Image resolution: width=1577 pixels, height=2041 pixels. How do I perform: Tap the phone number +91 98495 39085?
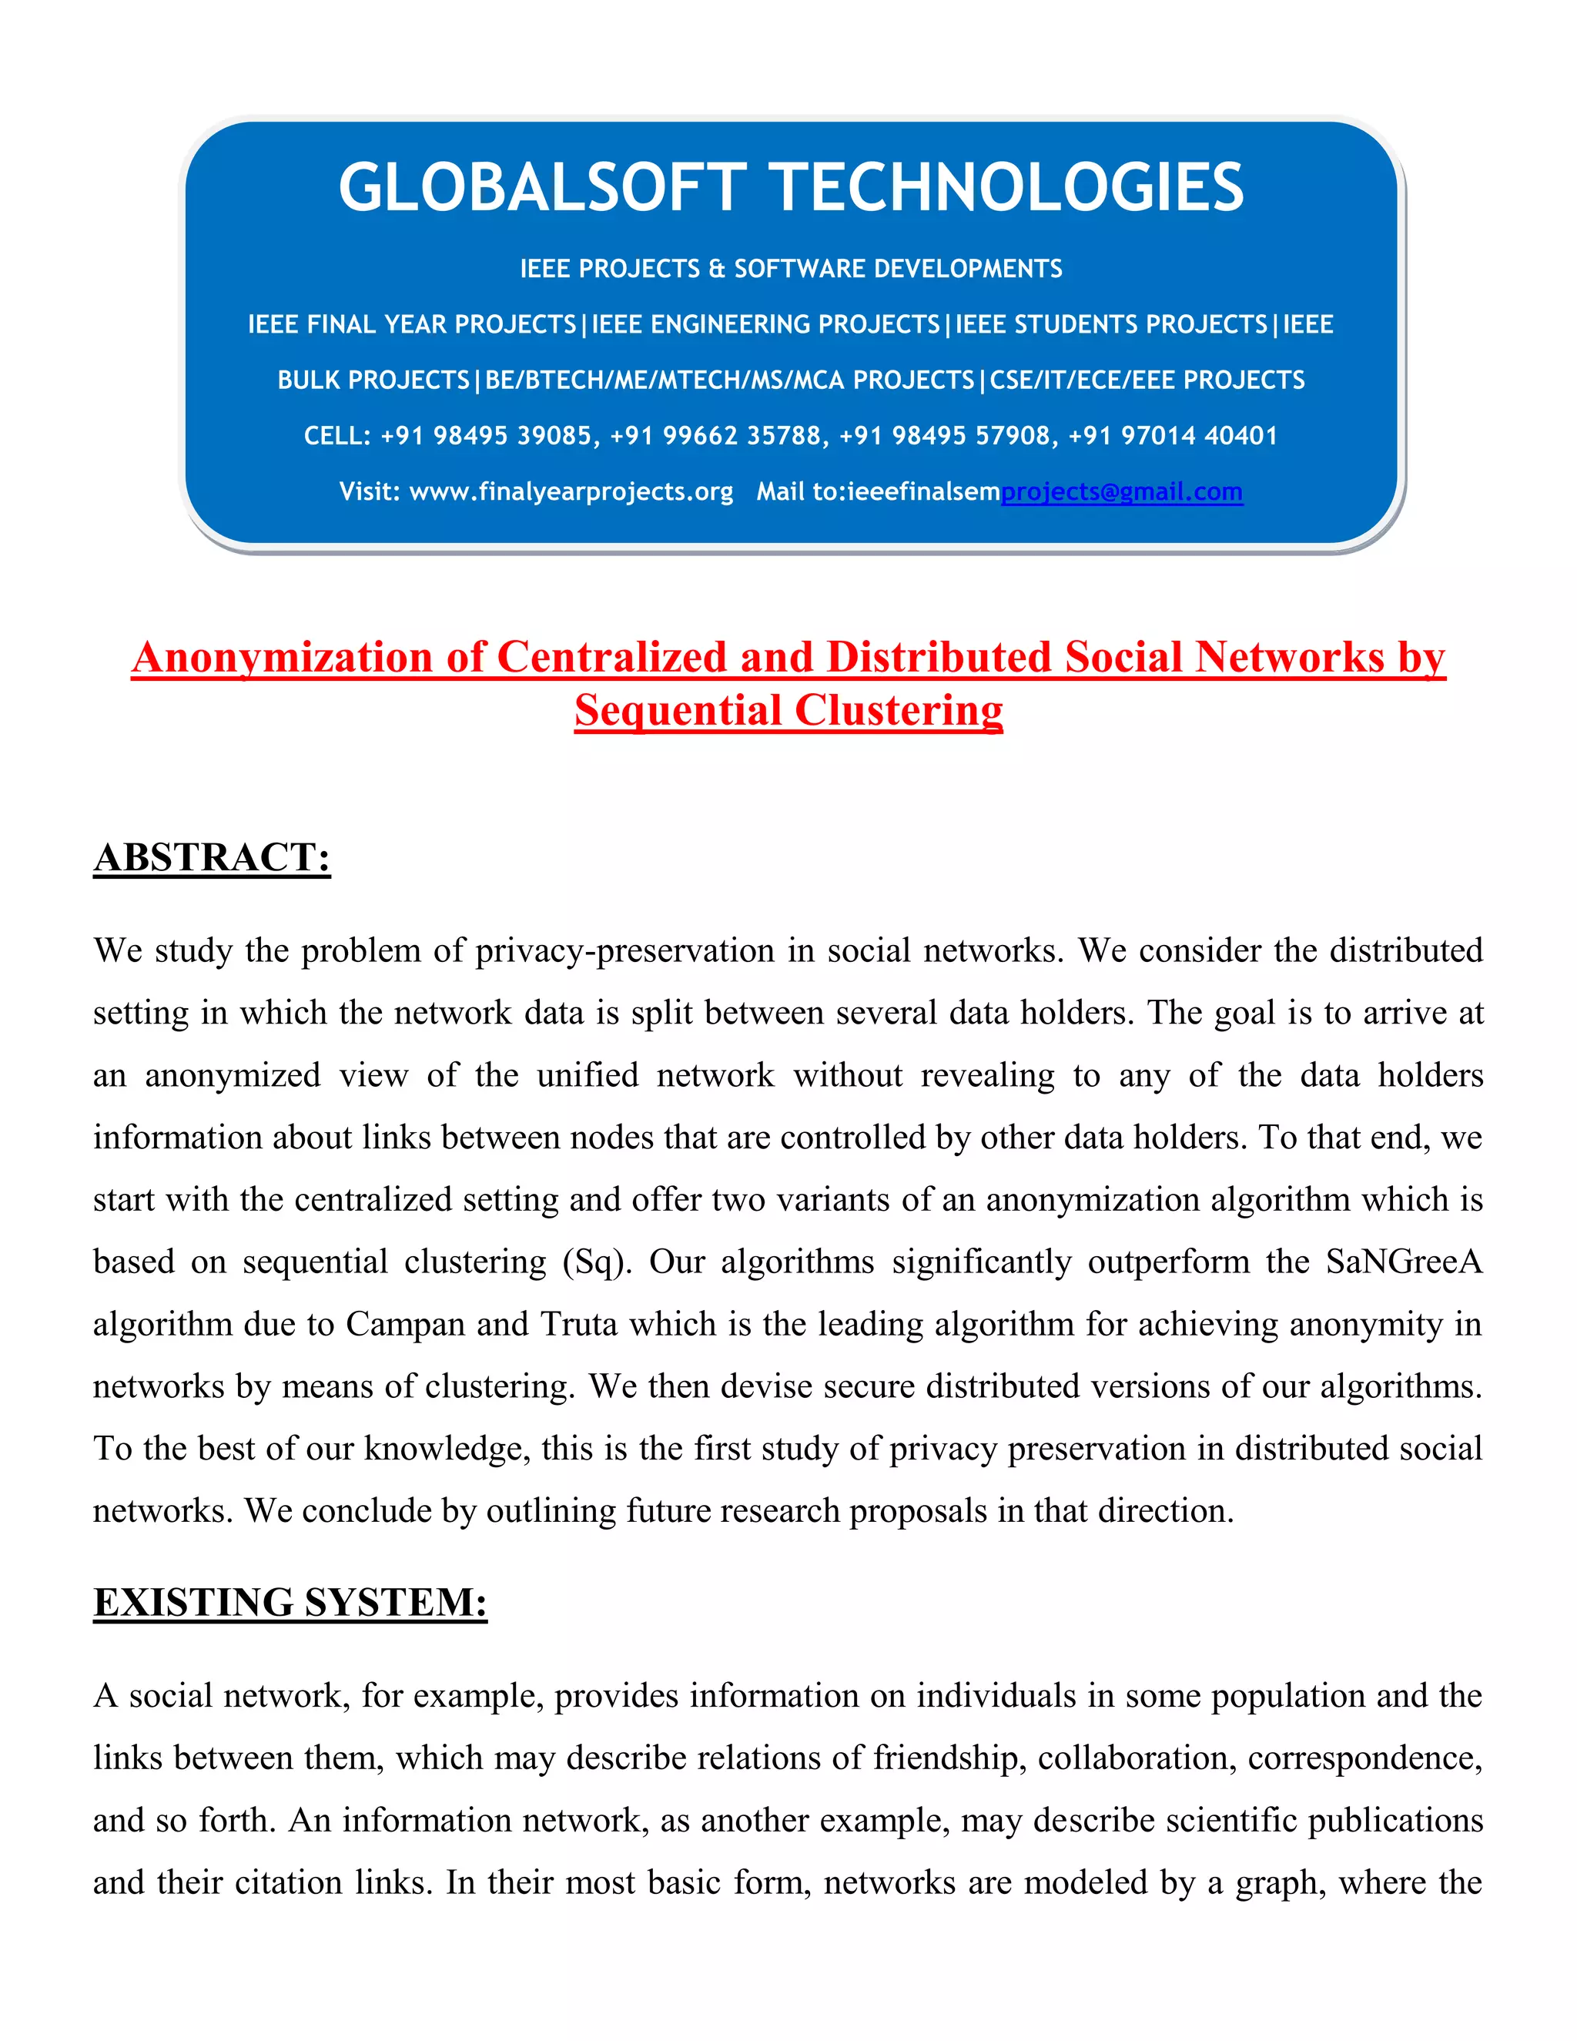(487, 435)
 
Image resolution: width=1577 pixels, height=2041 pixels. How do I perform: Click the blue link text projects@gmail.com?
(1121, 491)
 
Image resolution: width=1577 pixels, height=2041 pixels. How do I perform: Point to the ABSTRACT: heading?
(212, 857)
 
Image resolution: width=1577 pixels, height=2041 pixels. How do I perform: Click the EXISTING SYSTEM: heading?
(290, 1602)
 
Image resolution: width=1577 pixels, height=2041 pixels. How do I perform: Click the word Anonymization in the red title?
(282, 657)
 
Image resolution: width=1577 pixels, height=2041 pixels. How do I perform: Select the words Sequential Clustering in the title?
(788, 710)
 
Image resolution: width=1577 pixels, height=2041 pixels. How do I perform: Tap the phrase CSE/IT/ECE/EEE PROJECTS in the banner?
(1147, 380)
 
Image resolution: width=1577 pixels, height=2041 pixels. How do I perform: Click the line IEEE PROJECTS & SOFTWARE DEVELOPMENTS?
(790, 269)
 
